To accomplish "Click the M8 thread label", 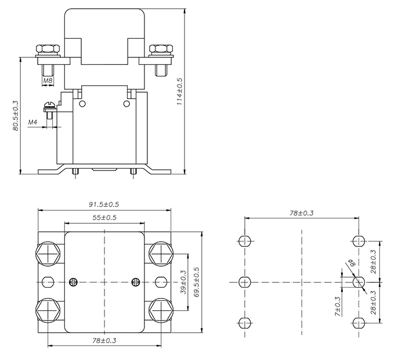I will click(48, 81).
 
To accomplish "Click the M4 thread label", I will click(33, 123).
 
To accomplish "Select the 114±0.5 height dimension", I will click(180, 92).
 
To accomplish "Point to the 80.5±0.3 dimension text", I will click(15, 116).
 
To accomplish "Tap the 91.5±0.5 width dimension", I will click(104, 205).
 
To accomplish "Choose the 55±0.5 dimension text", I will click(104, 217).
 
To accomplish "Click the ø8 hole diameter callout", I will click(350, 266).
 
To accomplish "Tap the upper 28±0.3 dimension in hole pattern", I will click(373, 261).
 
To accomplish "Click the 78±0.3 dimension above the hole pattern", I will click(301, 213).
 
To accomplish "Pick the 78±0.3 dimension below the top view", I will click(104, 341).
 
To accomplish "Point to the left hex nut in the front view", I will click(47, 49).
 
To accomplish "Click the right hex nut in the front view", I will click(160, 49).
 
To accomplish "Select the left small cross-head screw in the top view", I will click(73, 282).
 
